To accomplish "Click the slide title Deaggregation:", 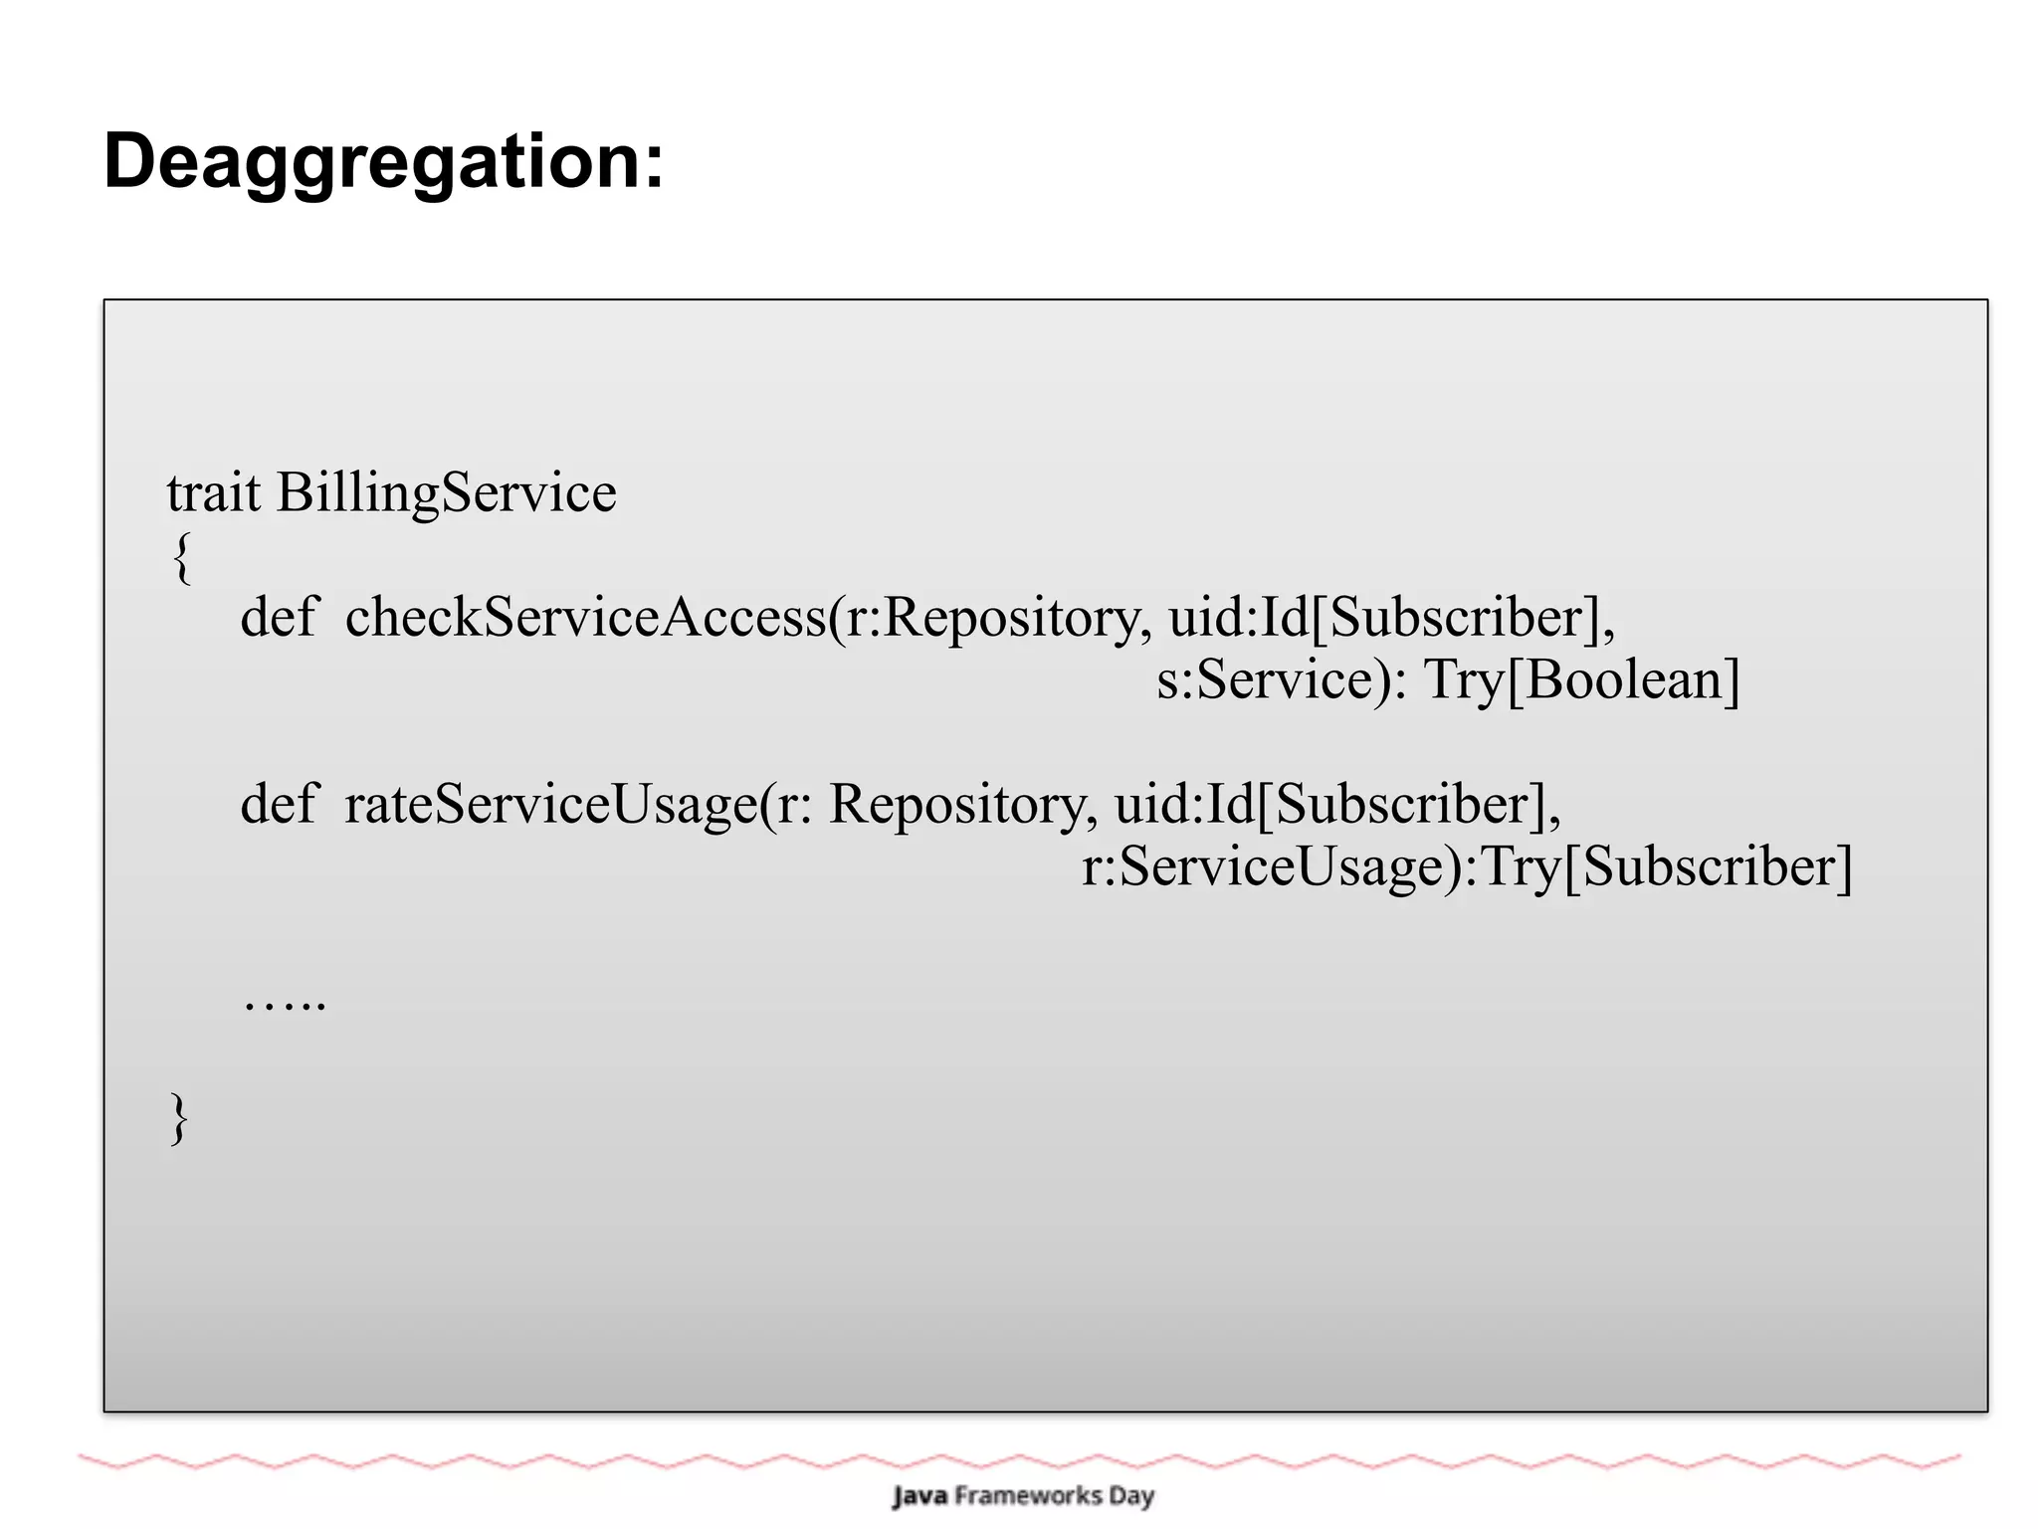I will click(383, 162).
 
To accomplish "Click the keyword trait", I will click(213, 492).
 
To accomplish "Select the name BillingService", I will click(446, 494).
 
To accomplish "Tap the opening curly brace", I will click(181, 558).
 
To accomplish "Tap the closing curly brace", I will click(179, 1118).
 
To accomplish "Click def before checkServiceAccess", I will click(278, 617).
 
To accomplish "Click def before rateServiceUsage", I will click(278, 804).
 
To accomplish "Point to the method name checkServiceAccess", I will click(585, 618).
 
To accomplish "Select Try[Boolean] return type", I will click(1582, 680).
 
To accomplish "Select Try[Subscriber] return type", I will click(1667, 866).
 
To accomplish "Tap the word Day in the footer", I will click(1131, 1496).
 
